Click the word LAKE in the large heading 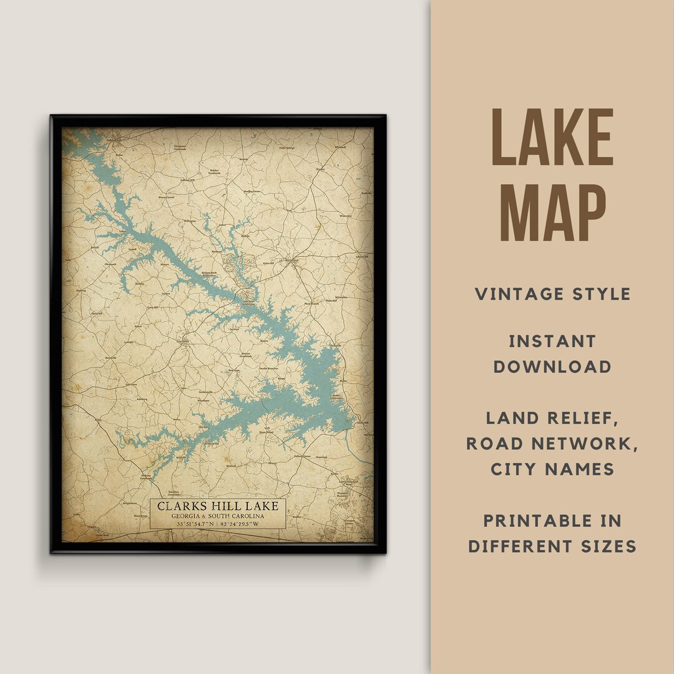552,138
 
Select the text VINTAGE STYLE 552,294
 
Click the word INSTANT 552,341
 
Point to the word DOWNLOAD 552,366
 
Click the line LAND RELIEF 552,418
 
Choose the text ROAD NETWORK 552,443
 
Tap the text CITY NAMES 552,469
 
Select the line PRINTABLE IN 552,520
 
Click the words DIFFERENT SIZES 552,546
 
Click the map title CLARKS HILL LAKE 218,506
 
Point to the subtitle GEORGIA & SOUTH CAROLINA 218,516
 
